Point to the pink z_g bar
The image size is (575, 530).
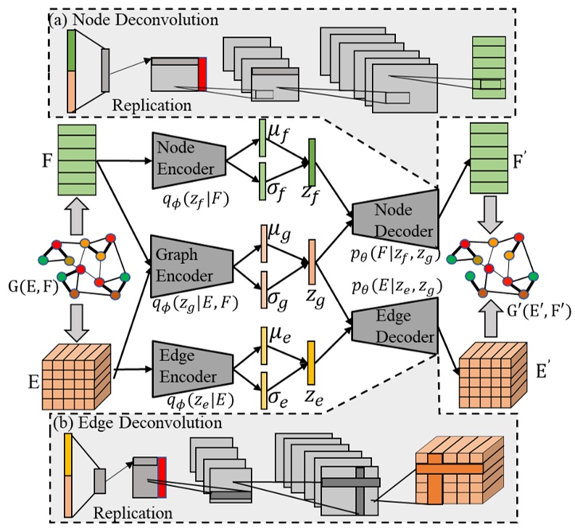click(x=312, y=258)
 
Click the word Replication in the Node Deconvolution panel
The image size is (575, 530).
click(x=152, y=105)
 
